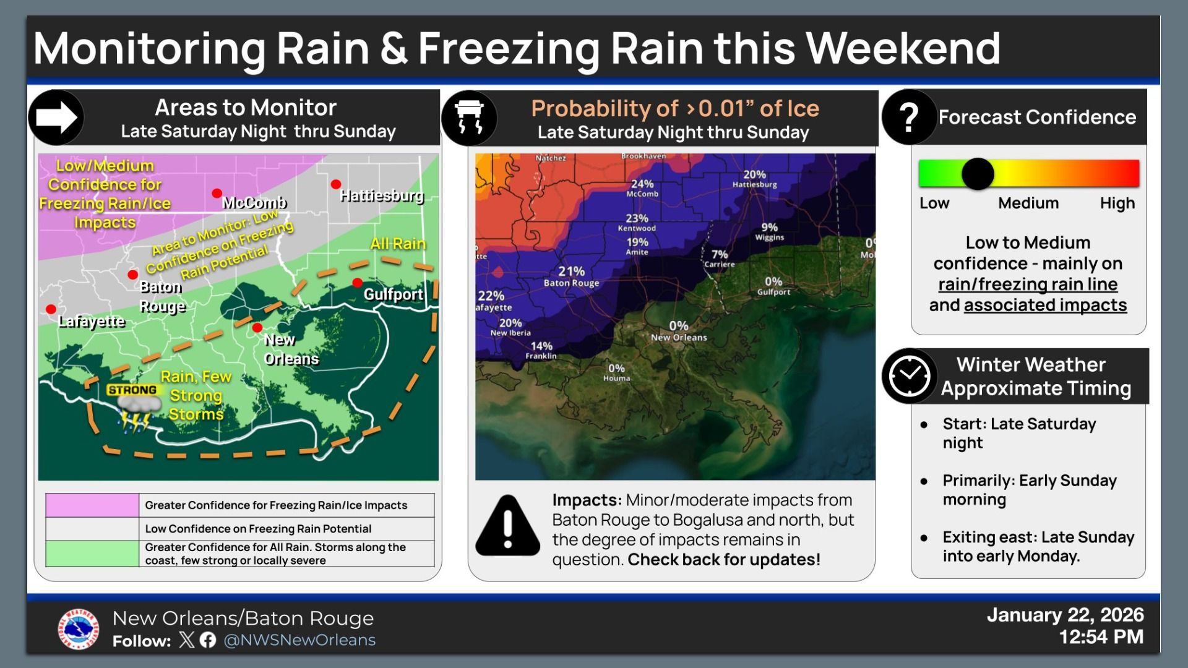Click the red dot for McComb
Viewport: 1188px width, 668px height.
pyautogui.click(x=217, y=194)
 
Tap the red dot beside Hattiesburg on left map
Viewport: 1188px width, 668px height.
pyautogui.click(x=336, y=184)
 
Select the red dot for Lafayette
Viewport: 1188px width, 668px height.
pyautogui.click(x=51, y=309)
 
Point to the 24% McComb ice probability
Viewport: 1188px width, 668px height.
pyautogui.click(x=642, y=184)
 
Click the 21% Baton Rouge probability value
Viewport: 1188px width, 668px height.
pyautogui.click(x=571, y=272)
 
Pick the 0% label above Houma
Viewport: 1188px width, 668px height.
pyautogui.click(x=616, y=369)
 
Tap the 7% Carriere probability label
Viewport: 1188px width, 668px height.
pyautogui.click(x=720, y=254)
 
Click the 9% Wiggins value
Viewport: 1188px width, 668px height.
pyautogui.click(x=770, y=228)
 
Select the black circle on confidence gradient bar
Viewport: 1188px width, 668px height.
pyautogui.click(x=978, y=174)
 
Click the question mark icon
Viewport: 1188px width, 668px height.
pyautogui.click(x=908, y=117)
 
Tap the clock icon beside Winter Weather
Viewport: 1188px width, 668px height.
pyautogui.click(x=909, y=375)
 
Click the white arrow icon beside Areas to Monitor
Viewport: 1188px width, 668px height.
pyautogui.click(x=56, y=117)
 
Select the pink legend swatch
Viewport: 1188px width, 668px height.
pyautogui.click(x=92, y=505)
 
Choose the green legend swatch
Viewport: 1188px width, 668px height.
pyautogui.click(x=92, y=554)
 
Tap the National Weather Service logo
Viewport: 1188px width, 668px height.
pyautogui.click(x=79, y=629)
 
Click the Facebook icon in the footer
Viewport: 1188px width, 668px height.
pyautogui.click(x=208, y=640)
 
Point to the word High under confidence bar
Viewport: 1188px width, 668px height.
pyautogui.click(x=1117, y=203)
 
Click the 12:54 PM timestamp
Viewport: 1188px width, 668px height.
pyautogui.click(x=1101, y=637)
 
